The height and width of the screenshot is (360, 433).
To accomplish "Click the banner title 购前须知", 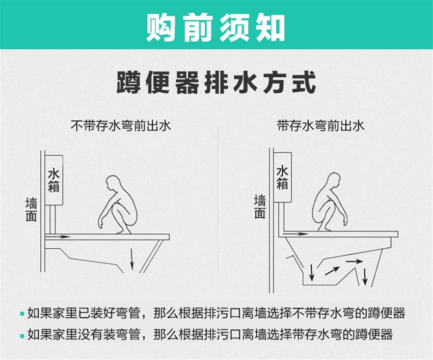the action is (x=215, y=28).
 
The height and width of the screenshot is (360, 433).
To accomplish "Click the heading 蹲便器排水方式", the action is (x=216, y=83).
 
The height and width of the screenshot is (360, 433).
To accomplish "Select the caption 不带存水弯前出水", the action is (x=121, y=126).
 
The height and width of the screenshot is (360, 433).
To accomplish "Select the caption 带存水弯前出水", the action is (x=320, y=126).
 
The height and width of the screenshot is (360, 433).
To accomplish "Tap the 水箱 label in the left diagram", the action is (x=54, y=181).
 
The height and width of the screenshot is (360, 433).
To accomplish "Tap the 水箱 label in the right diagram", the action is (x=283, y=178).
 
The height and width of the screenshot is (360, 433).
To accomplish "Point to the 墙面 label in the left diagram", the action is (x=31, y=209).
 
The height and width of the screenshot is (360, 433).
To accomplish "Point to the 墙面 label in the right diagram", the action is (x=260, y=207).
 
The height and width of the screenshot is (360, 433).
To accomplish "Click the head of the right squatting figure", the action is (x=332, y=181).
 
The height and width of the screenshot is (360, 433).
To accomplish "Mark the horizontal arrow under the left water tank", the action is (x=58, y=237).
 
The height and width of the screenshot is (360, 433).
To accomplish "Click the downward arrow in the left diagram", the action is (x=132, y=259).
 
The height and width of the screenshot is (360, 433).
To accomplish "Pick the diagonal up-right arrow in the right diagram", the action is (x=332, y=271).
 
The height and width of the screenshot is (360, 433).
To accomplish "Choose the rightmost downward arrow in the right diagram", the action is (x=365, y=276).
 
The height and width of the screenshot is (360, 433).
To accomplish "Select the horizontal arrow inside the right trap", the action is (x=355, y=261).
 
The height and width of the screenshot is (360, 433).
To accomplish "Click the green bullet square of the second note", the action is (x=22, y=336).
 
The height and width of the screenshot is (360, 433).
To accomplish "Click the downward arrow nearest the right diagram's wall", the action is (x=312, y=273).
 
